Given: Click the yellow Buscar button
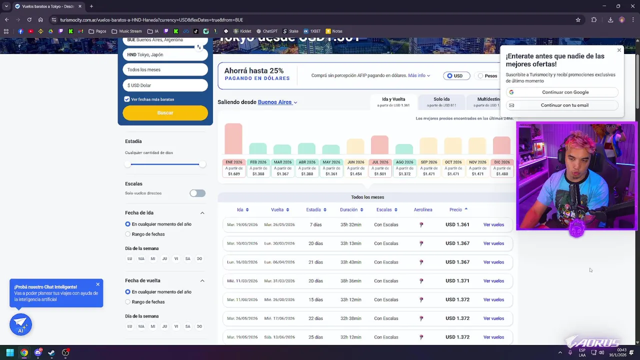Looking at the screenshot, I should [x=165, y=113].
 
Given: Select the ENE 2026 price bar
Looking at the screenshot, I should [x=233, y=139].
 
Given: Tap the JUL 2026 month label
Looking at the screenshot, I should [x=379, y=162].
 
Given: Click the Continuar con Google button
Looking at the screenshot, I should [x=562, y=92].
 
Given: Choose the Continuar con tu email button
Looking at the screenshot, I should [x=562, y=105].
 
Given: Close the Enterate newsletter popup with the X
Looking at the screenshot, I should [x=619, y=50].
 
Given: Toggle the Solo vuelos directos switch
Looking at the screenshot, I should [x=197, y=193].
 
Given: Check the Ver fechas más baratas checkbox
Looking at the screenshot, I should [x=127, y=99].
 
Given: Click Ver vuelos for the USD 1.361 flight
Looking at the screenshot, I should [x=493, y=225].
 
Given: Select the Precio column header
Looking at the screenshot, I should [x=455, y=210].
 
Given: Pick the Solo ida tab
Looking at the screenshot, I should [x=441, y=101].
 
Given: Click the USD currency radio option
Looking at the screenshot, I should [x=449, y=76].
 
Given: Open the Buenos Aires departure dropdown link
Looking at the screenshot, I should [x=277, y=102].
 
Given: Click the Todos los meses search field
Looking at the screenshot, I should [x=165, y=70].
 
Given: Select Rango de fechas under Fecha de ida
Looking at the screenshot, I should [x=128, y=234].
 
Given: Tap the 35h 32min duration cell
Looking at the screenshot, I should [x=350, y=225].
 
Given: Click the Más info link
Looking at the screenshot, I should [x=418, y=76].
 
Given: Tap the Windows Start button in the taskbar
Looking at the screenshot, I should [x=10, y=353].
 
